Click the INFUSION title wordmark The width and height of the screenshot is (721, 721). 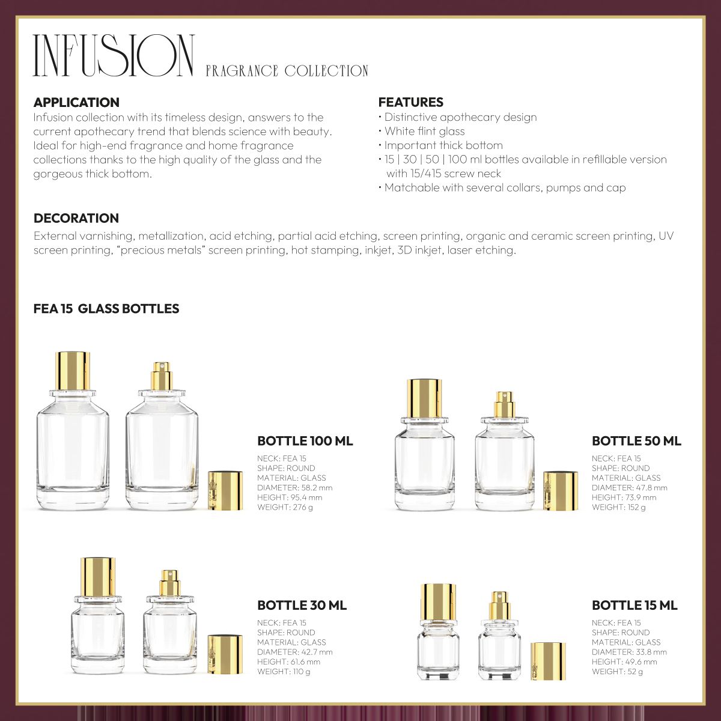click(114, 56)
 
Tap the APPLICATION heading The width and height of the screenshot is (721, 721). click(76, 102)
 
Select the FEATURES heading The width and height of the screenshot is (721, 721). click(411, 102)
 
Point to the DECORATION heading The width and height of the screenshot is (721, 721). click(76, 218)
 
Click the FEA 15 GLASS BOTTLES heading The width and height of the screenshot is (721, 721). click(106, 309)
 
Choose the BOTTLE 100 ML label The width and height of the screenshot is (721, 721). click(305, 441)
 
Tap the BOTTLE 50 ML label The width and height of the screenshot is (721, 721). click(636, 441)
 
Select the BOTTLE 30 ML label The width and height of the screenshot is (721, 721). click(302, 605)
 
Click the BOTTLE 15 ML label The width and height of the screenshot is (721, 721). click(634, 605)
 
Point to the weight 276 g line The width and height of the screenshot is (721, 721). click(285, 507)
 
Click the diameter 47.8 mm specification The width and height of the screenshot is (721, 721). click(629, 488)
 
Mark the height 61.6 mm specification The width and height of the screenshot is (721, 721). click(288, 662)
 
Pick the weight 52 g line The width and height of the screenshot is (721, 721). click(617, 671)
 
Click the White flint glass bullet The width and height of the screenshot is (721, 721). click(424, 131)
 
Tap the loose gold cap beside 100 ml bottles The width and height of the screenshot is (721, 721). click(225, 491)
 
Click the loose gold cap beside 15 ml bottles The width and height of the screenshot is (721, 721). click(549, 661)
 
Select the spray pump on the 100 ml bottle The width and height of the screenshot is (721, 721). click(161, 376)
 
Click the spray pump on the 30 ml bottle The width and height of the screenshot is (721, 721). click(169, 583)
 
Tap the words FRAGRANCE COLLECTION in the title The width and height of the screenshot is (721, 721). click(287, 71)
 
